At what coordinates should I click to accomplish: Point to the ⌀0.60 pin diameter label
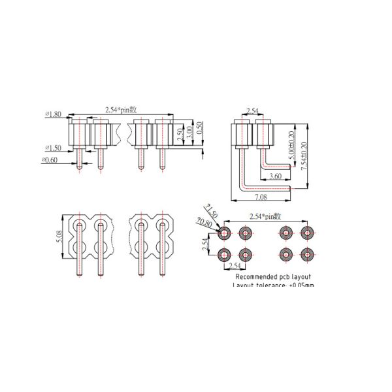tap(50, 159)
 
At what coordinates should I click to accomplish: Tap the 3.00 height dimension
tap(189, 132)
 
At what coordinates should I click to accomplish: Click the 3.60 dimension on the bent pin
tap(275, 176)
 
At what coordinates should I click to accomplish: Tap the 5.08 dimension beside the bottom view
tap(59, 237)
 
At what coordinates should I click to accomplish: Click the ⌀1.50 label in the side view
tap(53, 148)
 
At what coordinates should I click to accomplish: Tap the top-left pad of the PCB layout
tap(225, 233)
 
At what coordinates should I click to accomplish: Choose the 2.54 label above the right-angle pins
tap(252, 110)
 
